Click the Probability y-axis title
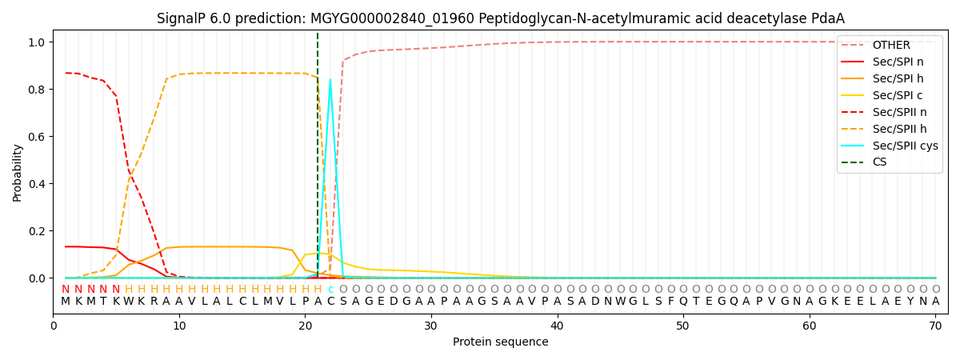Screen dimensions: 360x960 pyautogui.click(x=18, y=173)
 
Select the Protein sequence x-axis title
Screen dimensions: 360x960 pyautogui.click(x=500, y=342)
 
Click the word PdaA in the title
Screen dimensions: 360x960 pyautogui.click(x=829, y=18)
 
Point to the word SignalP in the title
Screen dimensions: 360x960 pyautogui.click(x=180, y=18)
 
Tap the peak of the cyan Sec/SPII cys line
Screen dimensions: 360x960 pyautogui.click(x=330, y=79)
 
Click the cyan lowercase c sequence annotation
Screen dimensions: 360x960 pyautogui.click(x=330, y=290)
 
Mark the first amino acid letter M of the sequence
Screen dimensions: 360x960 pyautogui.click(x=66, y=302)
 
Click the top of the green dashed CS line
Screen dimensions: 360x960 pyautogui.click(x=318, y=34)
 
